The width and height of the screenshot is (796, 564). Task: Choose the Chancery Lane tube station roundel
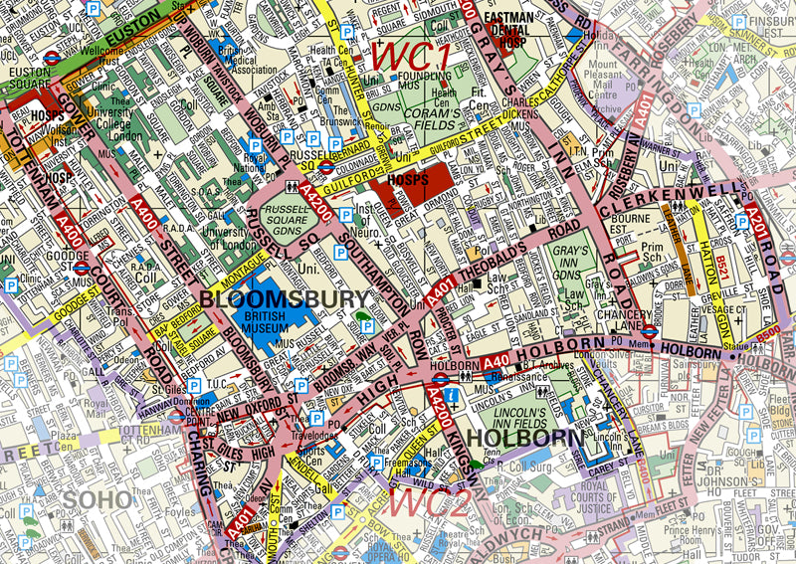click(x=648, y=332)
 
